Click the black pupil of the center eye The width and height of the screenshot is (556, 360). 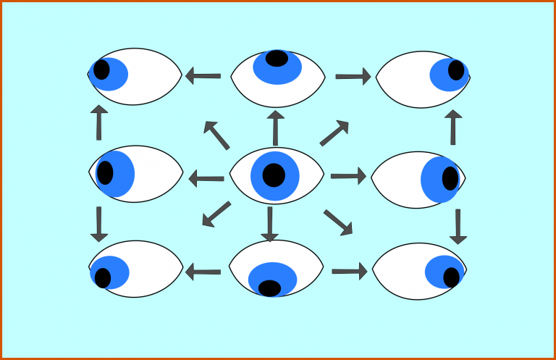pyautogui.click(x=274, y=175)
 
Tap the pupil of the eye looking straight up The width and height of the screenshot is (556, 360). pyautogui.click(x=277, y=58)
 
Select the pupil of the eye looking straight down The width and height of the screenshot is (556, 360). pyautogui.click(x=269, y=288)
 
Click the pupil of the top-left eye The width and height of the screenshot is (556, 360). pyautogui.click(x=101, y=70)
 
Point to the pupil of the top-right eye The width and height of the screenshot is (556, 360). pyautogui.click(x=456, y=70)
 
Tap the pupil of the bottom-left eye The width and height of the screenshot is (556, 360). pyautogui.click(x=103, y=277)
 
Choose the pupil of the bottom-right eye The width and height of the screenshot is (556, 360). pyautogui.click(x=452, y=277)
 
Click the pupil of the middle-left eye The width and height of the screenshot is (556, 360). pyautogui.click(x=105, y=172)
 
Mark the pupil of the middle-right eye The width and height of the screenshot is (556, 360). pyautogui.click(x=450, y=177)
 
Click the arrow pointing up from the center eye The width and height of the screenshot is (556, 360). pyautogui.click(x=275, y=127)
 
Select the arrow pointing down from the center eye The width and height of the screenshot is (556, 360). pyautogui.click(x=269, y=224)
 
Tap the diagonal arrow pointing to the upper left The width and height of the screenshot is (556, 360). pyautogui.click(x=216, y=135)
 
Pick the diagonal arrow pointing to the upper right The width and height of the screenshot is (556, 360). pyautogui.click(x=334, y=133)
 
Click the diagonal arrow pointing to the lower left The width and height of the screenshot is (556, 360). pyautogui.click(x=216, y=214)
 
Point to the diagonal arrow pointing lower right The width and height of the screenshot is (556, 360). pyautogui.click(x=338, y=222)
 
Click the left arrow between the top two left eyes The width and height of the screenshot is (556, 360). pyautogui.click(x=203, y=75)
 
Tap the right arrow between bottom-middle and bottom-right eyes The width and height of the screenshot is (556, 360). pyautogui.click(x=350, y=271)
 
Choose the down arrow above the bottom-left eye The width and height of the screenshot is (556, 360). pyautogui.click(x=99, y=224)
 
